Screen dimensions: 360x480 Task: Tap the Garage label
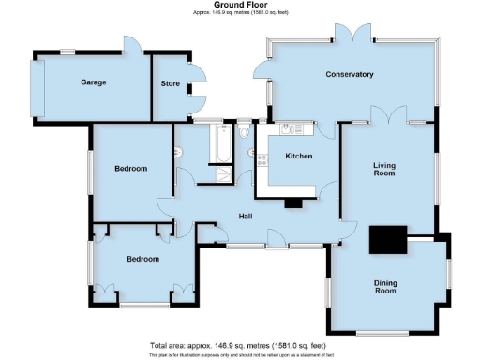(x=93, y=82)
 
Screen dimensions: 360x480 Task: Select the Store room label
(x=170, y=83)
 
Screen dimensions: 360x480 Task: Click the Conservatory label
(x=350, y=74)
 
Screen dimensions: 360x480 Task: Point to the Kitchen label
(x=298, y=156)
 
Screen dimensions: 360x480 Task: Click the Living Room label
(x=383, y=168)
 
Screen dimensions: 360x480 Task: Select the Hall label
(x=247, y=217)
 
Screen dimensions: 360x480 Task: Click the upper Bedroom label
(x=131, y=169)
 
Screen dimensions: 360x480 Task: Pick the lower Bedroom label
(x=142, y=259)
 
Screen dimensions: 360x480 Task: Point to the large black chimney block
(x=388, y=241)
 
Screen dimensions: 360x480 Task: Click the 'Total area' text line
(x=239, y=345)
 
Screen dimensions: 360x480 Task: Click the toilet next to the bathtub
(x=244, y=132)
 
